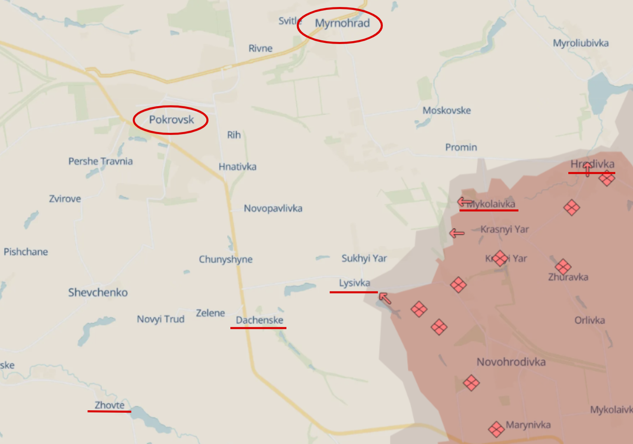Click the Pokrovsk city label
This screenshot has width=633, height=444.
pos(171,120)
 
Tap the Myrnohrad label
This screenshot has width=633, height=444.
pos(342,23)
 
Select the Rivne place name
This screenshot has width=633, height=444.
pos(260,49)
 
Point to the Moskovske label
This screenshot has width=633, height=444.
pos(447,110)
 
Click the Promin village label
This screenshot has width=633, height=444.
pos(461,147)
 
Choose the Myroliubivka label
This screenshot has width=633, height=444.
pos(581,43)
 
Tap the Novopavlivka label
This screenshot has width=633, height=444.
pos(273,208)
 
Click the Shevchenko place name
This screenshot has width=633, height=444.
pos(98,293)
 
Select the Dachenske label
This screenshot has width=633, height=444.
pos(260,320)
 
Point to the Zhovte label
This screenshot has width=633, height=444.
pos(110,405)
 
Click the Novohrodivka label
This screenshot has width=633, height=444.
pos(511,362)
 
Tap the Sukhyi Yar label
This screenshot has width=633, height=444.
pos(364,258)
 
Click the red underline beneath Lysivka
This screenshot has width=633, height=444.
pos(354,292)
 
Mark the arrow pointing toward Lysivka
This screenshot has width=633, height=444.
pos(385,298)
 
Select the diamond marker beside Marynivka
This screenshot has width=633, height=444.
pos(496,429)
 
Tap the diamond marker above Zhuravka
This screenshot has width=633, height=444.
pos(563,267)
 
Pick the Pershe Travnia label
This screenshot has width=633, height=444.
pos(101,161)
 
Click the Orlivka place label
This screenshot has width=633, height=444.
pos(590,320)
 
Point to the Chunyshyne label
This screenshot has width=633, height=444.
pos(226,259)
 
